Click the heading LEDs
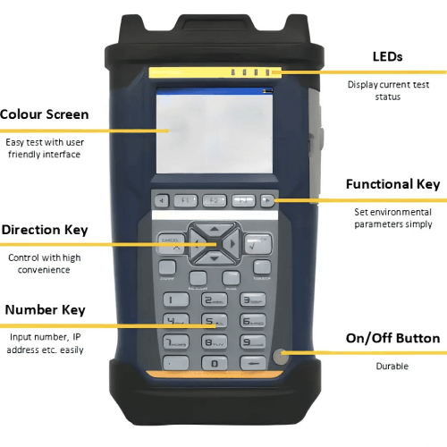pos(387,57)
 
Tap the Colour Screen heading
pos(45,114)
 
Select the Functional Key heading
pos(392,184)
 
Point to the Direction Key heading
pos(45,230)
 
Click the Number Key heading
pos(46,309)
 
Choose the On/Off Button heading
pos(392,338)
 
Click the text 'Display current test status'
pos(387,90)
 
